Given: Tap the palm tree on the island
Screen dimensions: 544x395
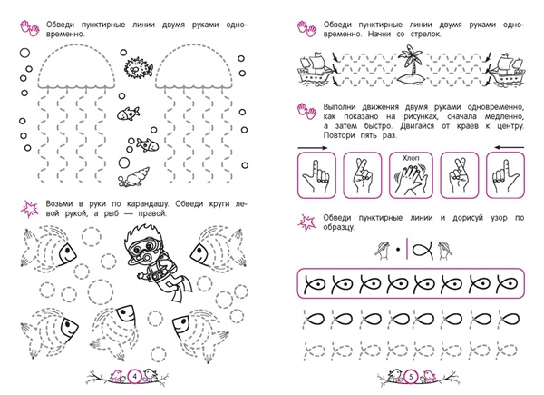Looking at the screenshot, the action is [x=411, y=60].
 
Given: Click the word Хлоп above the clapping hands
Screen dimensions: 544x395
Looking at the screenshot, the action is [x=411, y=158].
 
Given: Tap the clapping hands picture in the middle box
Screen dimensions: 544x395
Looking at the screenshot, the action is [x=411, y=178].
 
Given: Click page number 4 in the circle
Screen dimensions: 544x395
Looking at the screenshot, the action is [x=134, y=376].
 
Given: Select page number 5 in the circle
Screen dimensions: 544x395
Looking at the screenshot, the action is [x=411, y=376].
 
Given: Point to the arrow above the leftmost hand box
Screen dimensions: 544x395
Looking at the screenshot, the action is [x=312, y=148].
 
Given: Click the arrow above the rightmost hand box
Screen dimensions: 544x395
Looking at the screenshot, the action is [x=510, y=147].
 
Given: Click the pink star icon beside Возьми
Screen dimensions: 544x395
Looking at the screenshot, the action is [x=30, y=209].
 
